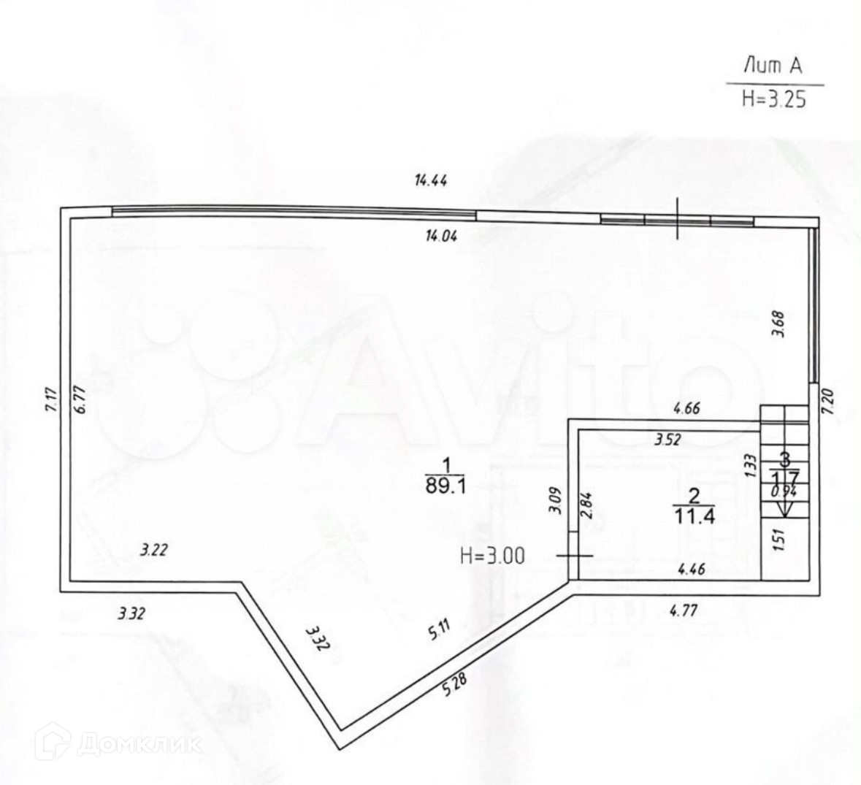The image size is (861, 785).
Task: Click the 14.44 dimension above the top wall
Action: [x=431, y=181]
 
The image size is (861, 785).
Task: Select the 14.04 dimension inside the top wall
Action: [x=441, y=235]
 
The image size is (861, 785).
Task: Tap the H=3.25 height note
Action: [x=773, y=99]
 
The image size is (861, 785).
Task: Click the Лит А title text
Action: [x=773, y=66]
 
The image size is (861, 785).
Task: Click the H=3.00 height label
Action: [x=492, y=556]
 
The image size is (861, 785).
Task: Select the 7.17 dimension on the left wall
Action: [x=50, y=402]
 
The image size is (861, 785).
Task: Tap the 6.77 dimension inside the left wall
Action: [x=80, y=400]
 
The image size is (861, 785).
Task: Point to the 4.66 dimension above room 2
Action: [x=686, y=409]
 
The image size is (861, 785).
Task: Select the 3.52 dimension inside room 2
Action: [x=667, y=440]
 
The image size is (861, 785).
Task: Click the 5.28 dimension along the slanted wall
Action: [x=453, y=686]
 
